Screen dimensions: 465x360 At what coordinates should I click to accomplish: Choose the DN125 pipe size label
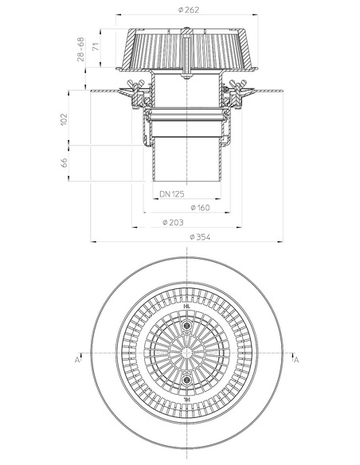pyautogui.click(x=171, y=193)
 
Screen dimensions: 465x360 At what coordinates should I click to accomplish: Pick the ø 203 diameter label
pyautogui.click(x=176, y=222)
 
